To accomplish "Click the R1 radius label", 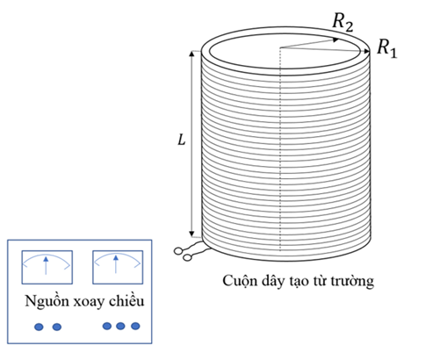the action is point(387,48).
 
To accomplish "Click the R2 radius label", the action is point(343,22).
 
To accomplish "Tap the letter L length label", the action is point(182,140).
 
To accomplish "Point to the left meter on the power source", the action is point(47,267).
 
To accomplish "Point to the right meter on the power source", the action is point(118,267).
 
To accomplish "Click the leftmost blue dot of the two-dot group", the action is point(39,327).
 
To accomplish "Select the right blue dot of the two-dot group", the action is point(57,327).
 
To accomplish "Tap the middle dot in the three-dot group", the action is point(120,326).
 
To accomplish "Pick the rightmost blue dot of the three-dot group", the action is point(135,326).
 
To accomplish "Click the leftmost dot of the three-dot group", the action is point(107,326).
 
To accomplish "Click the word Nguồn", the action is point(47,301).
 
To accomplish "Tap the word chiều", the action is point(126,300).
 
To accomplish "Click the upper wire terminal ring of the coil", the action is point(177,251).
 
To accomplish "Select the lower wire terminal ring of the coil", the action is point(187,257).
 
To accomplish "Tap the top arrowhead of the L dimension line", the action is point(191,54).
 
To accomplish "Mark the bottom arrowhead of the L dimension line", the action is point(191,234).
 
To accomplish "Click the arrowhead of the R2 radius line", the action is point(336,40).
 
